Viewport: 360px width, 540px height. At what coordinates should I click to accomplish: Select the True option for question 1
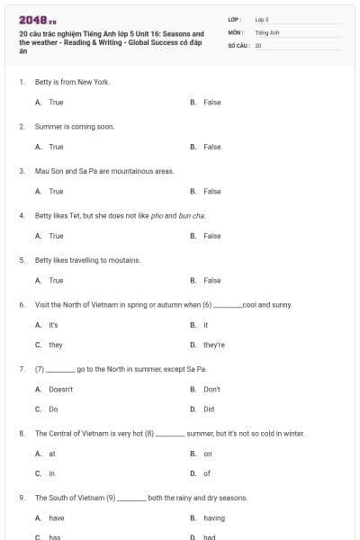[56, 103]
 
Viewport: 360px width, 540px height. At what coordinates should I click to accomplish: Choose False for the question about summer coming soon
[211, 147]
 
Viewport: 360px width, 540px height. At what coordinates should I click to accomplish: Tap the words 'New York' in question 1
[97, 82]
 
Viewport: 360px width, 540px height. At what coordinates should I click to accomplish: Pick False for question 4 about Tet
[211, 236]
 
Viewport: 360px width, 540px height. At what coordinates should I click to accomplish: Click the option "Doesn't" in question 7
[60, 389]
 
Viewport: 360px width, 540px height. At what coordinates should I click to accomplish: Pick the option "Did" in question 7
[209, 409]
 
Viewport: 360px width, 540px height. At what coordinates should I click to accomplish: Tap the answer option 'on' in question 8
[208, 454]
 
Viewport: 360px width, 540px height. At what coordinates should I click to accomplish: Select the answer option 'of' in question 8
[207, 473]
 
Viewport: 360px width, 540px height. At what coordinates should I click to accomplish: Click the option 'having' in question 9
[214, 518]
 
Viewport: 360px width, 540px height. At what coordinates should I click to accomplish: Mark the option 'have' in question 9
[57, 518]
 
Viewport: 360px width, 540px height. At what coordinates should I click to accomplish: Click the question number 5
[22, 260]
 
